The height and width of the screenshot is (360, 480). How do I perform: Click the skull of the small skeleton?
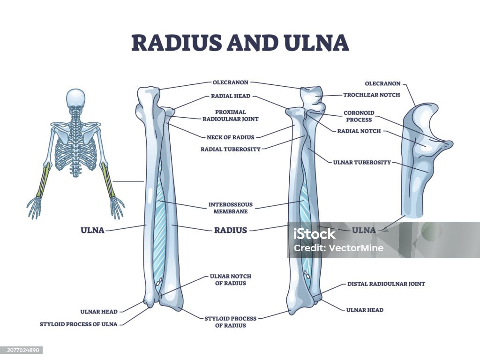tap(75, 98)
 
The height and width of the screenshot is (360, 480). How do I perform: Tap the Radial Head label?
tap(231, 96)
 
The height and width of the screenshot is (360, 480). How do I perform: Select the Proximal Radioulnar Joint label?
tap(231, 115)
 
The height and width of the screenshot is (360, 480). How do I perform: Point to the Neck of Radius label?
tap(231, 137)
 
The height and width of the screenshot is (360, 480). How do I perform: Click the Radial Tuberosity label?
tap(231, 150)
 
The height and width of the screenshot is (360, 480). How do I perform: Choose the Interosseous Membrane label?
tap(231, 208)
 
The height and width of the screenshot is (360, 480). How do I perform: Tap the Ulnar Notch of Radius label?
tap(231, 280)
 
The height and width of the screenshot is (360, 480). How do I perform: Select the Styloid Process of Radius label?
tap(231, 322)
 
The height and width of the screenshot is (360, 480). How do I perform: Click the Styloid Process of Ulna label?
tap(79, 324)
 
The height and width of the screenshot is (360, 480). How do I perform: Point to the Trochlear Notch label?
tap(372, 95)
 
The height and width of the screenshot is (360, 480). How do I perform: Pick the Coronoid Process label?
tap(359, 116)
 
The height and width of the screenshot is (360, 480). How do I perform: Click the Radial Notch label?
tap(359, 131)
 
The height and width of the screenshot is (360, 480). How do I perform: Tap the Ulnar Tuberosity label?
tap(362, 162)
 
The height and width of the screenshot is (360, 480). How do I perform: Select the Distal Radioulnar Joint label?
tap(386, 284)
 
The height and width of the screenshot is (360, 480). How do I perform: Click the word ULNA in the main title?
tap(317, 43)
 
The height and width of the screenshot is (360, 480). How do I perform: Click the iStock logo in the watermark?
tap(315, 234)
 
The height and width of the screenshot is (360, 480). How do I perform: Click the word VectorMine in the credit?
tap(356, 248)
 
